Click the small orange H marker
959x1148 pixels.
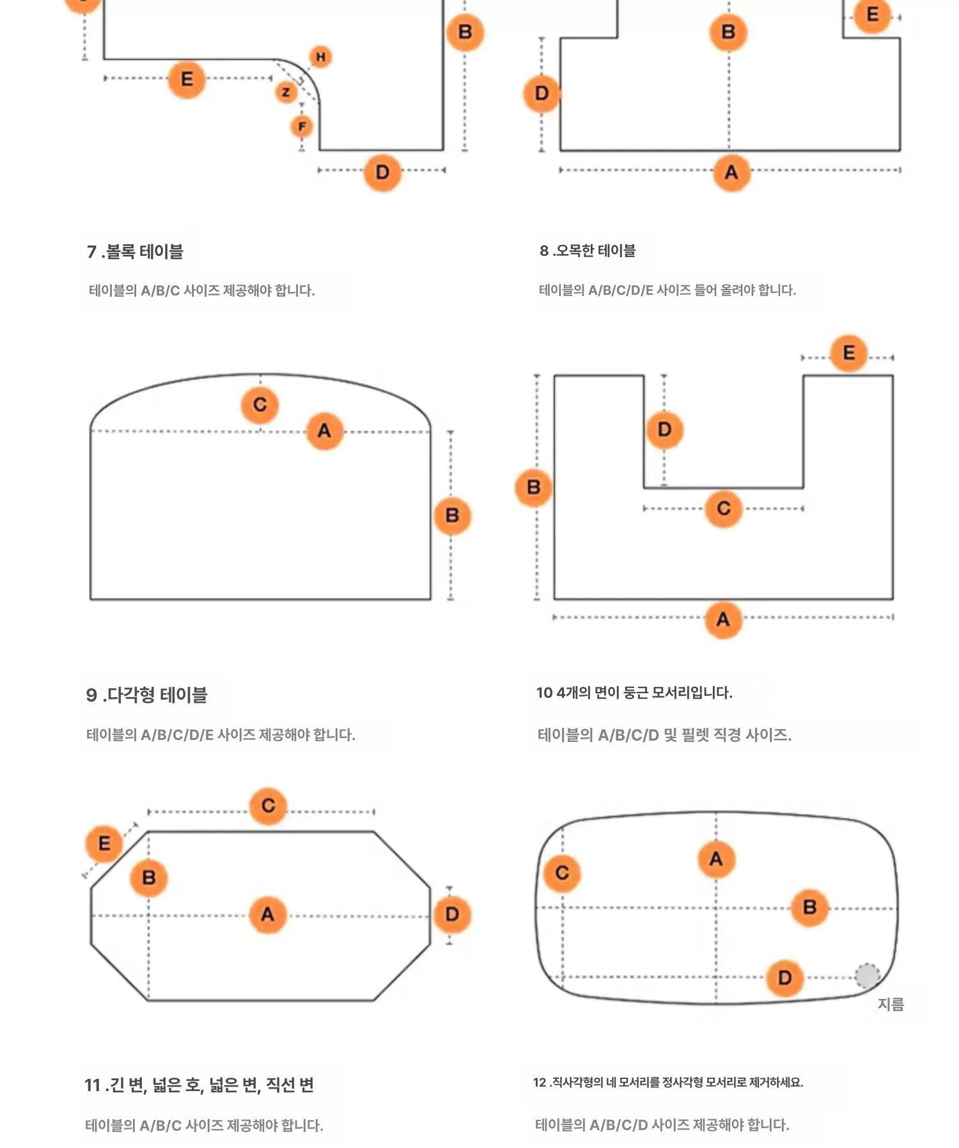(x=320, y=57)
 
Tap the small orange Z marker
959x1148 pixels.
(x=286, y=93)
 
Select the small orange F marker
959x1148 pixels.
(x=302, y=127)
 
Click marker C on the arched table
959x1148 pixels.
(x=260, y=405)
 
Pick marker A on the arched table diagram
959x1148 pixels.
(x=325, y=431)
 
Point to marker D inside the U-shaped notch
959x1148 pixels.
(x=664, y=430)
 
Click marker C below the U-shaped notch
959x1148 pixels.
(x=724, y=509)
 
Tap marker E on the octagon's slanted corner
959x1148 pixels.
(x=104, y=844)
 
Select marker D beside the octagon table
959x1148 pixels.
(x=452, y=915)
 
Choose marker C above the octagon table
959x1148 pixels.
(x=269, y=806)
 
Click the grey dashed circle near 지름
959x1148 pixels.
(x=867, y=976)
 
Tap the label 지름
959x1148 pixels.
(x=891, y=1004)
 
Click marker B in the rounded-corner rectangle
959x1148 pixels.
(x=809, y=908)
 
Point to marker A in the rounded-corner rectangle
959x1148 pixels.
(x=716, y=859)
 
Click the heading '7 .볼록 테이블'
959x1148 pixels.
(x=135, y=252)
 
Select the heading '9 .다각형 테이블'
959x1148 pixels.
(x=146, y=695)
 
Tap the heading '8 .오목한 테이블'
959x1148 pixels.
(x=588, y=251)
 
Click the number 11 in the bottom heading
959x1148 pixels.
(x=93, y=1085)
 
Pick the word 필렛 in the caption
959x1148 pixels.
(x=695, y=735)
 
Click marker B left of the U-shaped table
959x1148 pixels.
(x=534, y=488)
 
